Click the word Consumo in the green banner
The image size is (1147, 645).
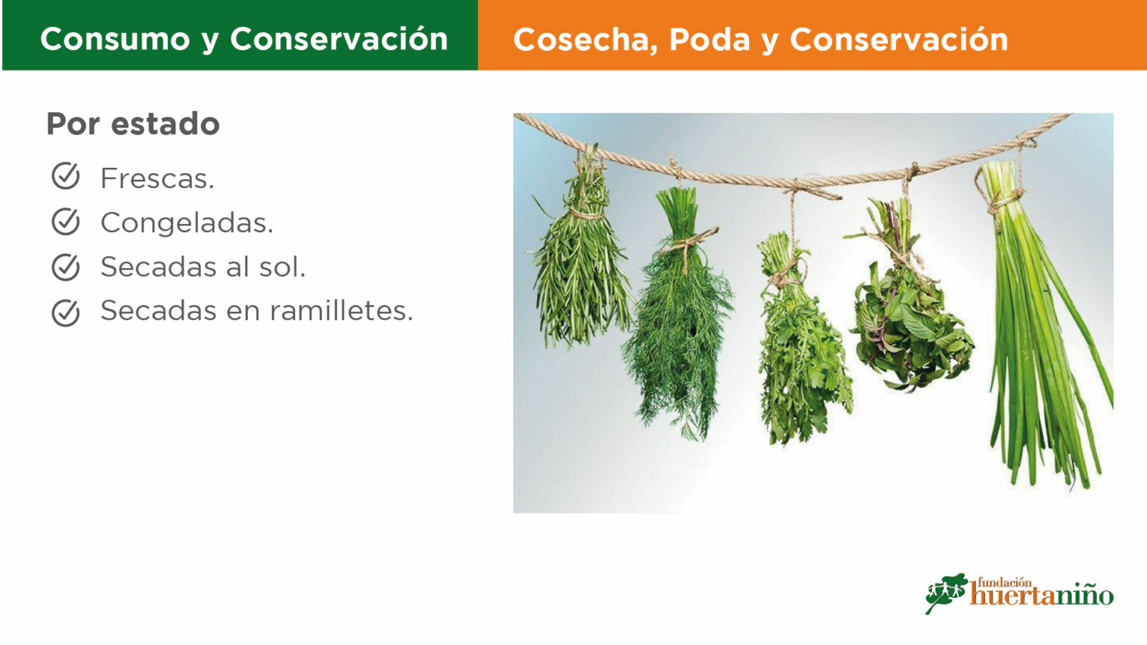point(115,39)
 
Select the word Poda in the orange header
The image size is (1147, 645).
point(709,40)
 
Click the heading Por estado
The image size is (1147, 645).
point(133,124)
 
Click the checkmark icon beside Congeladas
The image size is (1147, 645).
point(66,221)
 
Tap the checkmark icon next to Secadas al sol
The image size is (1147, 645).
point(66,267)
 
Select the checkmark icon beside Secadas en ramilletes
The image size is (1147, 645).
point(66,312)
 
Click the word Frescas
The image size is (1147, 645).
point(158,178)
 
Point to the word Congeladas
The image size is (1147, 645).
point(187,223)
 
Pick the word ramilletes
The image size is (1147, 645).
point(341,311)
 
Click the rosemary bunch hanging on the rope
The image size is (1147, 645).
point(581,256)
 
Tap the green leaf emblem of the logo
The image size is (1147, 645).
point(946,592)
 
